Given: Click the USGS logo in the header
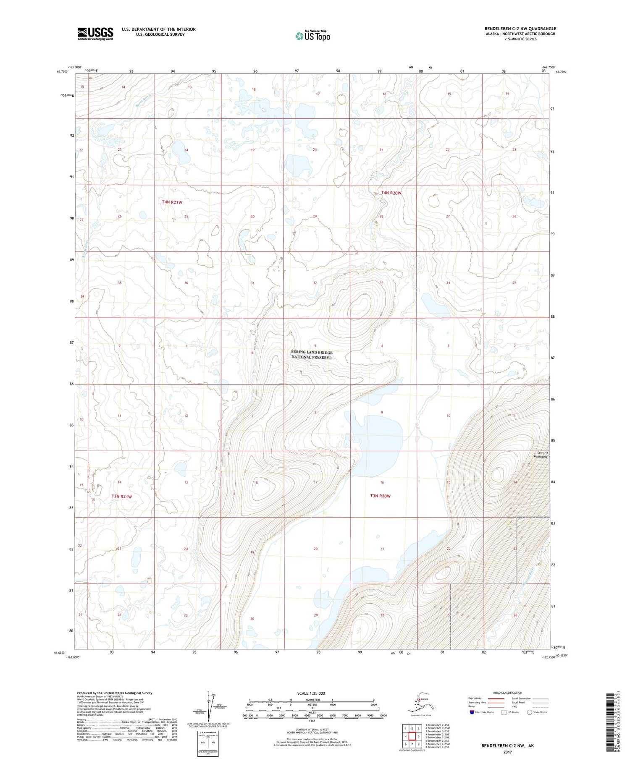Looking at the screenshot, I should pos(95,34).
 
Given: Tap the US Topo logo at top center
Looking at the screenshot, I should pos(312,36).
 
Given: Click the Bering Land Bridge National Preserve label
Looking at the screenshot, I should pos(312,355).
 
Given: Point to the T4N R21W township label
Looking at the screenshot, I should pos(172,202).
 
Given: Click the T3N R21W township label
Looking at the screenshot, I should pos(122,497).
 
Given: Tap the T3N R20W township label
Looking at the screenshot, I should pos(380,496).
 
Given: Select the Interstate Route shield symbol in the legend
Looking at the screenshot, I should pos(472,712).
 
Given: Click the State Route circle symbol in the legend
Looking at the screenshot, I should pos(529,712).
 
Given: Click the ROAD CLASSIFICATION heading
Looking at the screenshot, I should pos(508,693).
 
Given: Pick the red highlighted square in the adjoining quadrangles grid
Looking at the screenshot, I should pos(412,736).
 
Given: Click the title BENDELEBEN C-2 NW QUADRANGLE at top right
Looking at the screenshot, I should pos(520,29).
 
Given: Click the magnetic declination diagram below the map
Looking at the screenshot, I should pos(209,706).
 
